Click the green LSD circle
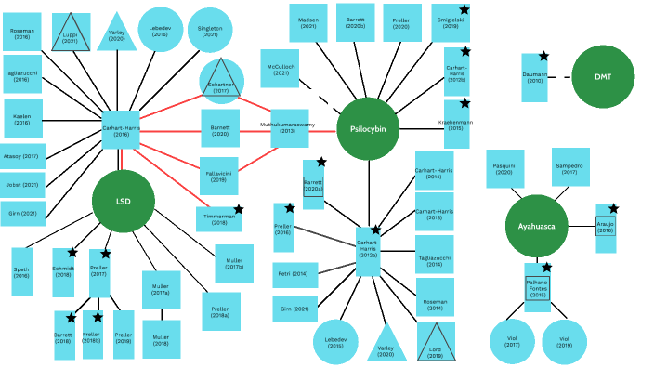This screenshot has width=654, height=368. pos(123,202)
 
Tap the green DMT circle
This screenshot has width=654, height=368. pos(603,77)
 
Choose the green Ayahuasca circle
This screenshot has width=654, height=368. pos(536,227)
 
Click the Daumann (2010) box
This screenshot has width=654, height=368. pos(534,79)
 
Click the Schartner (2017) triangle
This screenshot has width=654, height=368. pos(221,79)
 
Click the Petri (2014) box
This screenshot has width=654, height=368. pos(294,273)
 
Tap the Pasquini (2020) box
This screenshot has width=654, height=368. pos(504,167)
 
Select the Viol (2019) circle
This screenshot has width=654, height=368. pos(564,341)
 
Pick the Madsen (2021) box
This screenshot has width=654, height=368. pos(307,22)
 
